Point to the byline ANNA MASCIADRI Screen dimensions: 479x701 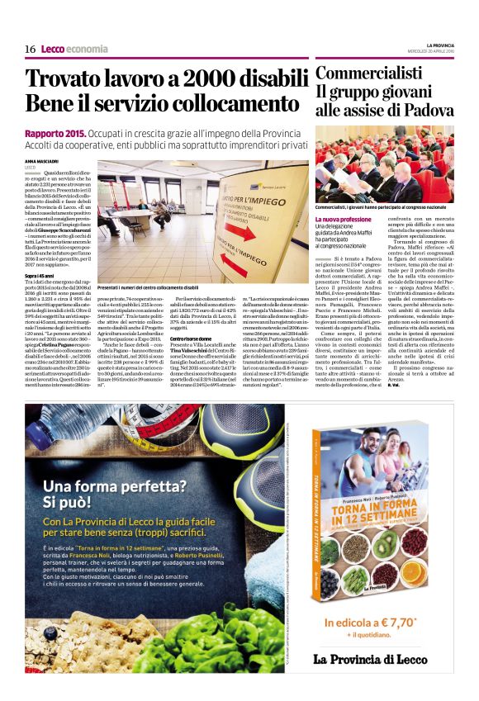click(42, 161)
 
